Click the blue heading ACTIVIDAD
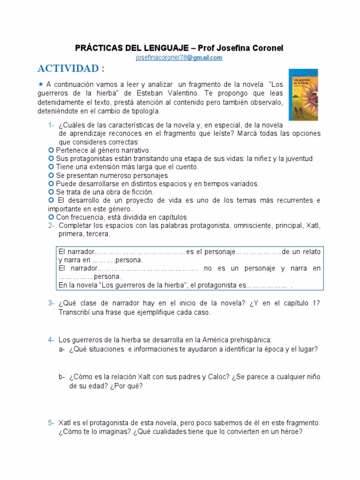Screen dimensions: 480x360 (71, 68)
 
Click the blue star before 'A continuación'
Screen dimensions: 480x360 (41, 83)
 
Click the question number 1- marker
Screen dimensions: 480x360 (51, 125)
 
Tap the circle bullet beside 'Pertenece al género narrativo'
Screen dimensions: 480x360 (52, 150)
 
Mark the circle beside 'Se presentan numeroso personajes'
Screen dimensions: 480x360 (52, 175)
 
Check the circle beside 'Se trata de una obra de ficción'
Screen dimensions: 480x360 (52, 192)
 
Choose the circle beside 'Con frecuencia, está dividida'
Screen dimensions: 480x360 (52, 217)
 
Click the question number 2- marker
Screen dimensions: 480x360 (51, 225)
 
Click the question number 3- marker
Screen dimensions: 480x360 (51, 303)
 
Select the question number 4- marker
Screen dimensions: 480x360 (51, 340)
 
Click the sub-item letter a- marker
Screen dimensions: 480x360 (62, 349)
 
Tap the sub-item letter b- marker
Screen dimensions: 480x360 (62, 377)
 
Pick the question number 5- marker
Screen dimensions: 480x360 (51, 422)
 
